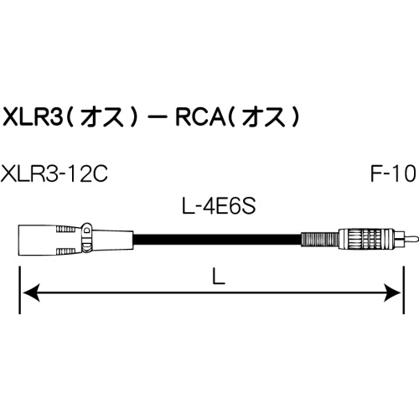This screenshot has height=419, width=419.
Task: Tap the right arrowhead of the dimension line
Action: click(x=391, y=292)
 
